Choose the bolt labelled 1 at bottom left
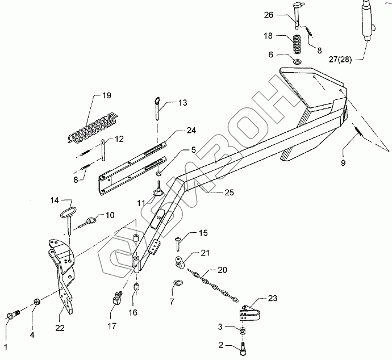(x=14, y=316)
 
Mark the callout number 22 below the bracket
(x=60, y=327)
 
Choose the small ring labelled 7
(x=178, y=283)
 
